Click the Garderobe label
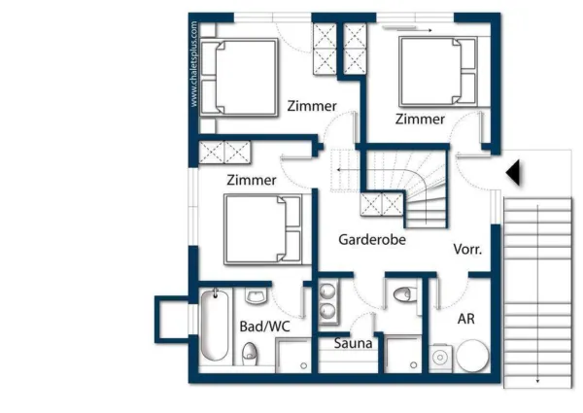(x=372, y=239)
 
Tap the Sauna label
(x=354, y=343)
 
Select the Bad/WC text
(x=264, y=327)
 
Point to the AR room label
(x=465, y=318)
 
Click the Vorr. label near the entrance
(x=467, y=249)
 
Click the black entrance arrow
(x=514, y=173)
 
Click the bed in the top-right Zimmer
(x=437, y=71)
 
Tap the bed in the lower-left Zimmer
(x=262, y=228)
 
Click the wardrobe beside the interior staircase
(x=381, y=206)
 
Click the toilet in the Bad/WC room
(x=250, y=353)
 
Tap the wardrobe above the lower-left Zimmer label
(x=223, y=153)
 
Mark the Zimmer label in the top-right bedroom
(x=420, y=119)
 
